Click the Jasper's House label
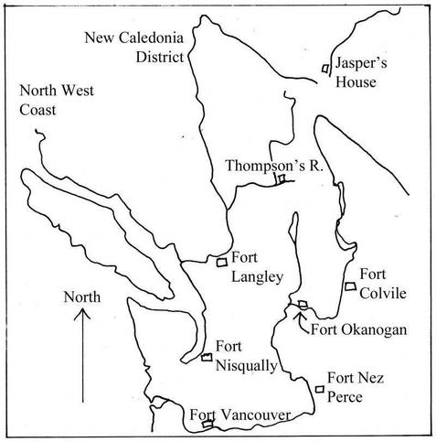[367, 74]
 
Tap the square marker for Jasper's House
[325, 69]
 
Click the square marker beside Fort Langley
[221, 263]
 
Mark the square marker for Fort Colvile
[350, 287]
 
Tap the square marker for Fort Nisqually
[207, 357]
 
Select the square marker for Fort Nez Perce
[319, 389]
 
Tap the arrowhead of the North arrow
[82, 314]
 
